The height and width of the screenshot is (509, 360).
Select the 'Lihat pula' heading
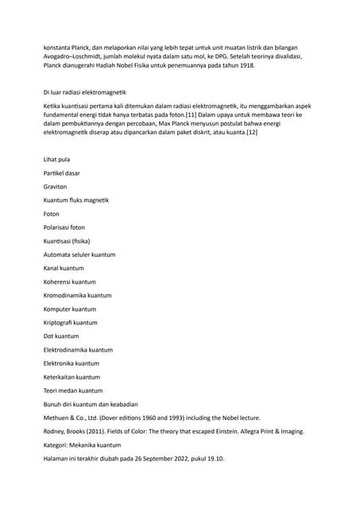(x=57, y=159)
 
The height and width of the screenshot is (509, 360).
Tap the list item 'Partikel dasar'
(x=61, y=173)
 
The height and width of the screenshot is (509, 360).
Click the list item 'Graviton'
(x=56, y=186)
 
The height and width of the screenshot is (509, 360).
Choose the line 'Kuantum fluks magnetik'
(x=75, y=200)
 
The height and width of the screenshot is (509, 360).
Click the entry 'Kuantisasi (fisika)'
(x=67, y=240)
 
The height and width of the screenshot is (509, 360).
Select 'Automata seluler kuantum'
(x=79, y=254)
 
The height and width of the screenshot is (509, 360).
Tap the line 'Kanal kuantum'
(x=64, y=268)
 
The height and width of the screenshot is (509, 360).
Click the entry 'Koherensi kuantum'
(x=69, y=282)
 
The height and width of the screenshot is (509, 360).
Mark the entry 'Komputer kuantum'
(x=69, y=309)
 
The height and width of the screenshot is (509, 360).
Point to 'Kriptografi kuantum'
(x=71, y=322)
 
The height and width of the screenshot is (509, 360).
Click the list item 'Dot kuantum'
(x=61, y=336)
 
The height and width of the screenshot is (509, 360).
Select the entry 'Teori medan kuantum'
(x=72, y=390)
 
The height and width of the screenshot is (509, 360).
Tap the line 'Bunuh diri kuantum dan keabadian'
(x=90, y=404)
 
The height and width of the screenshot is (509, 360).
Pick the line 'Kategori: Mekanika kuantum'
(x=82, y=445)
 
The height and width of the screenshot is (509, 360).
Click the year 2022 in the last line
(x=172, y=459)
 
